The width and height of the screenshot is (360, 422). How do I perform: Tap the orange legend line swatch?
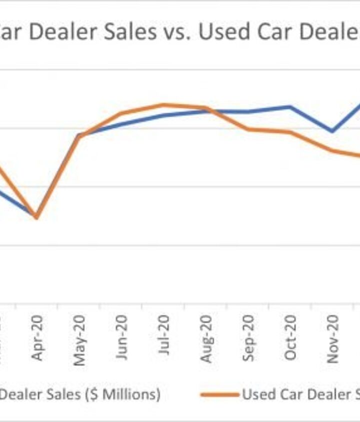coord(220,395)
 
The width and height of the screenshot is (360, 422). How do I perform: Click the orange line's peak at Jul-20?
coord(163,104)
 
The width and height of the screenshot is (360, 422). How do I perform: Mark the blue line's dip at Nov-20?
coord(332,131)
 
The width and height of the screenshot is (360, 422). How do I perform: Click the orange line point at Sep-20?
coord(248,129)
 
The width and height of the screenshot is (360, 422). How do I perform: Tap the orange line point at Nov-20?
coord(332,150)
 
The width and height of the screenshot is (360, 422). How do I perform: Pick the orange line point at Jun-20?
coord(121,113)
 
